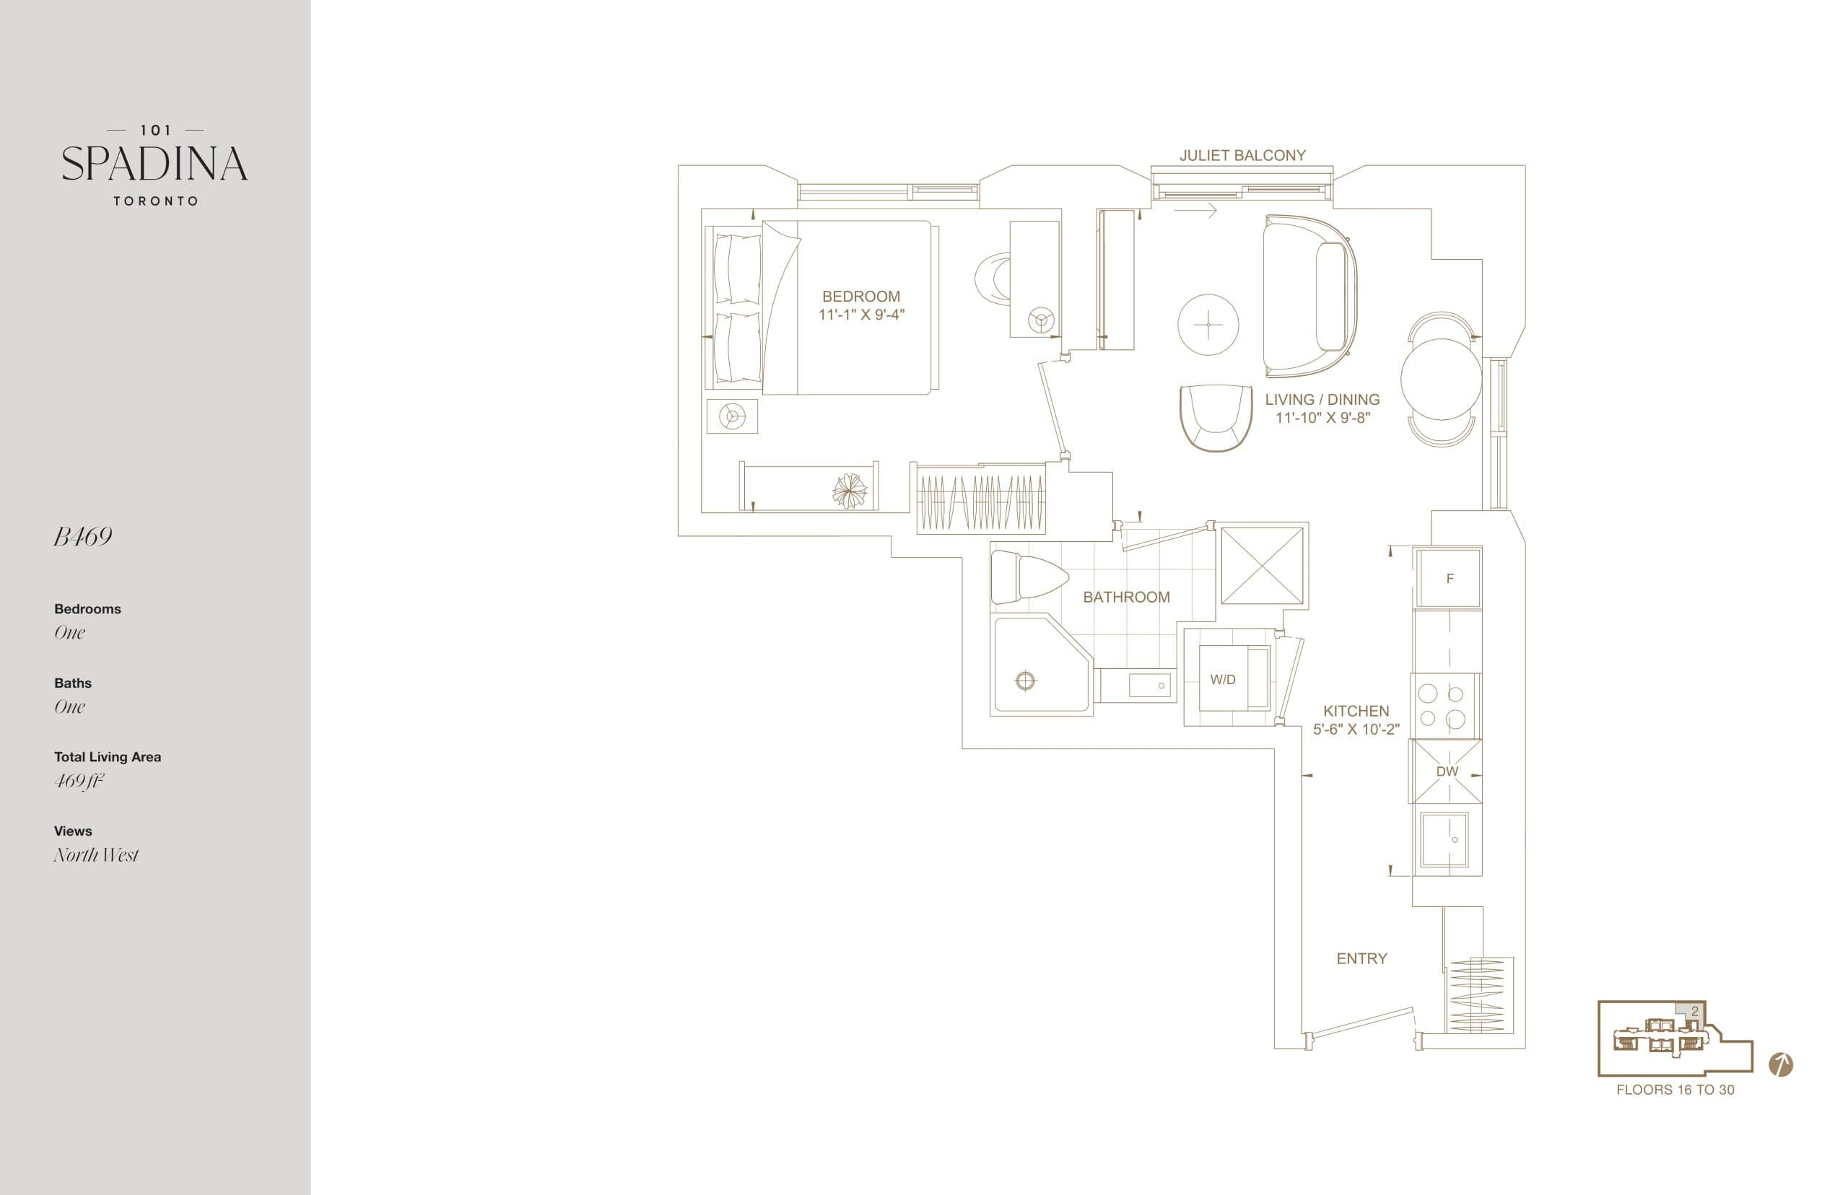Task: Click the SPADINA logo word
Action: pyautogui.click(x=154, y=164)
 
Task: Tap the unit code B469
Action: pyautogui.click(x=83, y=537)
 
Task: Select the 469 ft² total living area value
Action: pyautogui.click(x=79, y=781)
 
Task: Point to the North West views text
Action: pyautogui.click(x=96, y=855)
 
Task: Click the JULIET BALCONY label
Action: pyautogui.click(x=1242, y=155)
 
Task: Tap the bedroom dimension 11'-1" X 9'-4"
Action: pyautogui.click(x=860, y=315)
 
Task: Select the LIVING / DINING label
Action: pyautogui.click(x=1322, y=400)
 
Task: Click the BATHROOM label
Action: pyautogui.click(x=1126, y=597)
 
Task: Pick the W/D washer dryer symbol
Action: pyautogui.click(x=1222, y=680)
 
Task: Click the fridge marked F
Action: pyautogui.click(x=1449, y=578)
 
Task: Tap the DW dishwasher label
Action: pyautogui.click(x=1447, y=771)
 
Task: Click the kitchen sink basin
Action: pyautogui.click(x=1444, y=840)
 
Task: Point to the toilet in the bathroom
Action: pyautogui.click(x=1029, y=577)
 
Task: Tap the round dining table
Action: pyautogui.click(x=1442, y=379)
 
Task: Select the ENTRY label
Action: pyautogui.click(x=1361, y=958)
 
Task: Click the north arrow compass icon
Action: pyautogui.click(x=1780, y=1064)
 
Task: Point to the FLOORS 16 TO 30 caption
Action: pyautogui.click(x=1675, y=1090)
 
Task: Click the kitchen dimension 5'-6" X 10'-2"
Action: pyautogui.click(x=1356, y=730)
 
